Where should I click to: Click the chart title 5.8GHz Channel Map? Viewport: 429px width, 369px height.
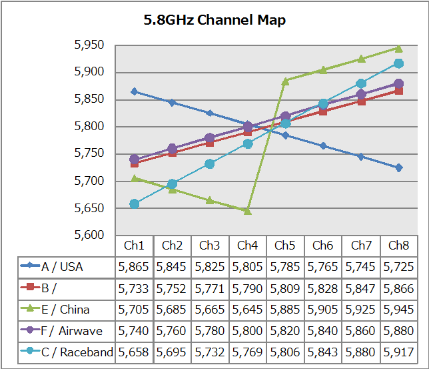214,20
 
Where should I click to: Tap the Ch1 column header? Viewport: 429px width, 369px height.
134,246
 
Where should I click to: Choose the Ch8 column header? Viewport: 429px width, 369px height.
398,246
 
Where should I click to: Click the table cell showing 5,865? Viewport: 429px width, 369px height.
134,267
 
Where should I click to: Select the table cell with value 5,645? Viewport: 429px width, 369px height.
247,310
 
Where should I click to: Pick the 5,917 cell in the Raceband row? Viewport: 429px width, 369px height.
398,352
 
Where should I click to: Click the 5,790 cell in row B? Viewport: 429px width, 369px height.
247,288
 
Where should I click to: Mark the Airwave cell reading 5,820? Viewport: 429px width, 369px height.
285,331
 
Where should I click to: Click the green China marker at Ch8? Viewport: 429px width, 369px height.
398,48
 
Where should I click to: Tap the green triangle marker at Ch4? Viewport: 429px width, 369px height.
247,210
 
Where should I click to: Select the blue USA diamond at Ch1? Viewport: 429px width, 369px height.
134,91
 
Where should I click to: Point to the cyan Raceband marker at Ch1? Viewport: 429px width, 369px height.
134,204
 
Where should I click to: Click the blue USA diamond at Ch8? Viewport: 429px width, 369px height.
398,167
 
